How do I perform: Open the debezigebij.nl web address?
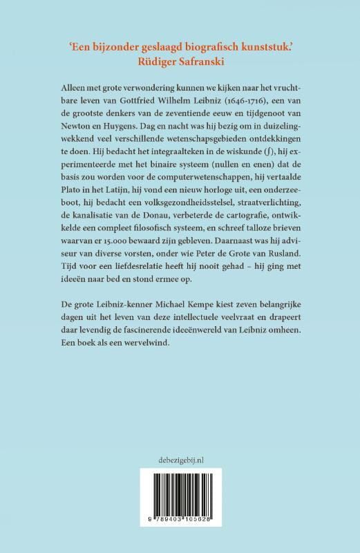(x=180, y=457)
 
